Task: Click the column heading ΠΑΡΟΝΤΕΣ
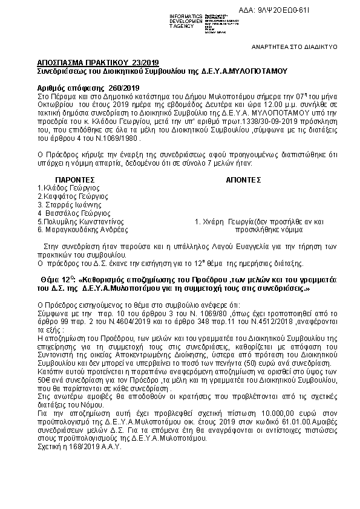point(76,180)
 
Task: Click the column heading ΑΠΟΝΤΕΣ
point(243,180)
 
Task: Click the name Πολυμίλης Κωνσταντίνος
point(83,221)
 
